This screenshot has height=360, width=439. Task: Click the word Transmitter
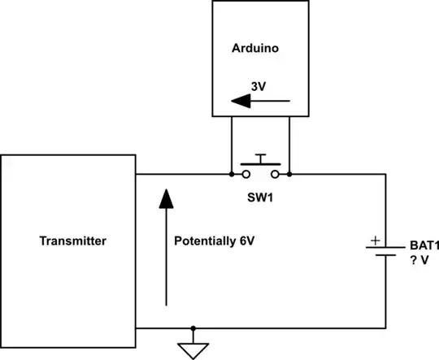pyautogui.click(x=73, y=241)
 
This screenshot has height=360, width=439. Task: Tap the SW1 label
pyautogui.click(x=260, y=197)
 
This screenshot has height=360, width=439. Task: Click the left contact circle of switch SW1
pyautogui.click(x=245, y=174)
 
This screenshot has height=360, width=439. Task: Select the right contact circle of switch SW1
pyautogui.click(x=276, y=174)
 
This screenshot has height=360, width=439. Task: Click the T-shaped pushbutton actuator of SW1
pyautogui.click(x=260, y=158)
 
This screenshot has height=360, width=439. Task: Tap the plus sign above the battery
pyautogui.click(x=375, y=240)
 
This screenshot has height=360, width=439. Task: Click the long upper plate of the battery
pyautogui.click(x=384, y=249)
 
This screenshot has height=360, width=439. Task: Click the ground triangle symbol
pyautogui.click(x=193, y=350)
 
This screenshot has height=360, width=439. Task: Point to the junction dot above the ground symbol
pyautogui.click(x=193, y=329)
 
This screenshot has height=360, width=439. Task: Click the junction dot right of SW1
pyautogui.click(x=290, y=174)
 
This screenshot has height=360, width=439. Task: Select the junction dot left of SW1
pyautogui.click(x=231, y=174)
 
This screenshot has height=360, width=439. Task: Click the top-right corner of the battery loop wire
pyautogui.click(x=384, y=174)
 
